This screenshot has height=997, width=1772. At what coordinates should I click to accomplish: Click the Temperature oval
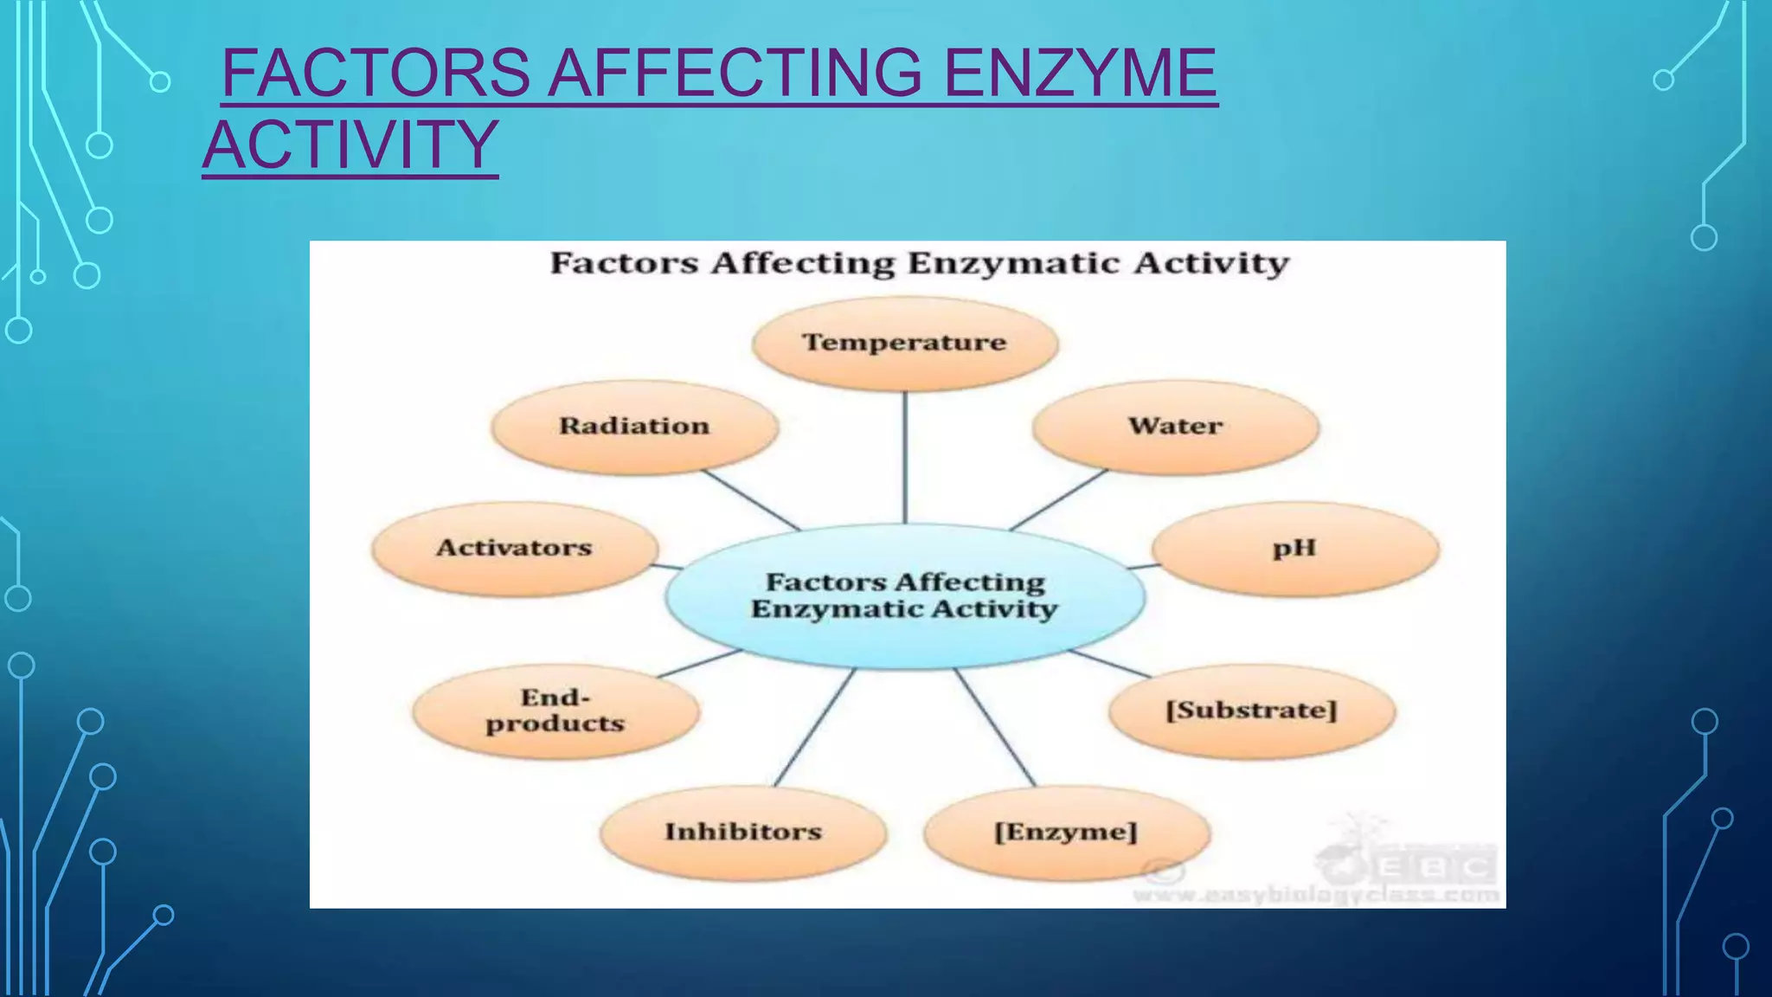click(x=905, y=343)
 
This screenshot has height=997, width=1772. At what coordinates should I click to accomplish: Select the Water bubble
click(x=1176, y=427)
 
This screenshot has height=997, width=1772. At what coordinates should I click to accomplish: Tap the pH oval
click(x=1294, y=549)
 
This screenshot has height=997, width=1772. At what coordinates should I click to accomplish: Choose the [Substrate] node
click(x=1251, y=711)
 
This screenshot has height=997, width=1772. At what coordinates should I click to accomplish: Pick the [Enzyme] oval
click(x=1066, y=833)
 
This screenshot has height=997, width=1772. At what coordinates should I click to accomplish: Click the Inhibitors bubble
click(x=743, y=833)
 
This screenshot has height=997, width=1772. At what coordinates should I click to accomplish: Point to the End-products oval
click(x=555, y=711)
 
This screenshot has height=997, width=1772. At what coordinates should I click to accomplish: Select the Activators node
click(x=514, y=549)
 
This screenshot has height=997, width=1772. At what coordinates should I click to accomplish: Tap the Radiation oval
click(x=634, y=427)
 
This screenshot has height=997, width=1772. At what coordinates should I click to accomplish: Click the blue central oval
click(x=905, y=595)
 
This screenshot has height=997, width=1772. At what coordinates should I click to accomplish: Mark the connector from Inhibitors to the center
click(x=814, y=728)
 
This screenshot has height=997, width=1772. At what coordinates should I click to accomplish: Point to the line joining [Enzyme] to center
click(x=995, y=728)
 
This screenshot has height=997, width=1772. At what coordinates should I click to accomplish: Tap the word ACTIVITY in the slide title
click(x=350, y=145)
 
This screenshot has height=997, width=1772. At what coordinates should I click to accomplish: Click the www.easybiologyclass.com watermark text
click(x=1316, y=895)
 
